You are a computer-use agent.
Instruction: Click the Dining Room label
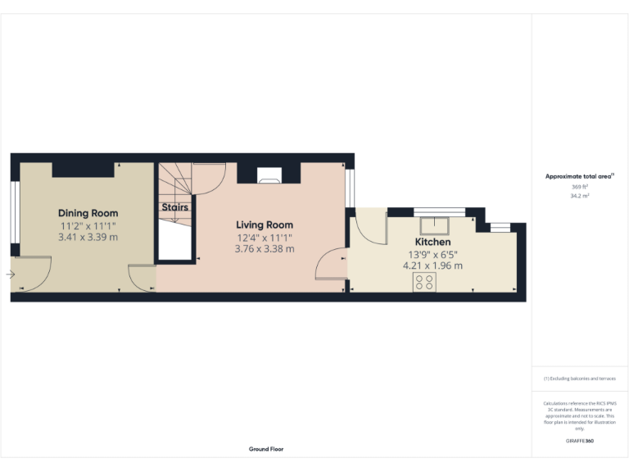(88, 213)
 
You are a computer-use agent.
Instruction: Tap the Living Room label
(265, 225)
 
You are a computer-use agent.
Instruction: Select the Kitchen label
(432, 242)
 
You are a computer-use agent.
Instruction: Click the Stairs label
(174, 207)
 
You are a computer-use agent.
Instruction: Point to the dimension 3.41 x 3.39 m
(88, 237)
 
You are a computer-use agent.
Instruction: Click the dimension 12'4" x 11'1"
(265, 237)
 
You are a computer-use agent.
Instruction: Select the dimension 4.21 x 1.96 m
(432, 265)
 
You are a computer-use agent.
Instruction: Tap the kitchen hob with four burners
(425, 283)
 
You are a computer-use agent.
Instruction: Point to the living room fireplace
(269, 174)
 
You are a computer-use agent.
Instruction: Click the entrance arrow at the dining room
(11, 275)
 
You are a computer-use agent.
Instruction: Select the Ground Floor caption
(266, 449)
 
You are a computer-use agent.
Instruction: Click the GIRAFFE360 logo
(580, 442)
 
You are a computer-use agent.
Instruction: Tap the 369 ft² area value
(580, 187)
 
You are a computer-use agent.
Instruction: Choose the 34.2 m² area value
(580, 197)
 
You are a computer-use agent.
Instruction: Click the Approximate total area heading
(579, 176)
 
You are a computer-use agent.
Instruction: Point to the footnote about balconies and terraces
(580, 379)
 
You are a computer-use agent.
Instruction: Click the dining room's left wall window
(15, 211)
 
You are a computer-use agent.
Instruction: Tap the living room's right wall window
(351, 188)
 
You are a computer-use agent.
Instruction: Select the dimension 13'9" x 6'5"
(432, 254)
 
